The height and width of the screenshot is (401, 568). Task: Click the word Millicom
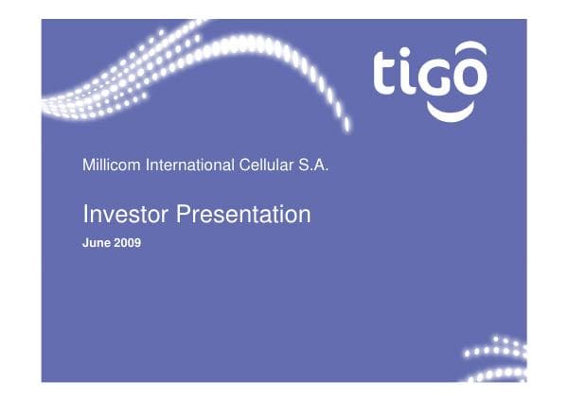(111, 166)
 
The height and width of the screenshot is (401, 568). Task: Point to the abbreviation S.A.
(313, 166)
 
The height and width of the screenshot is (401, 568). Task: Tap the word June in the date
(97, 242)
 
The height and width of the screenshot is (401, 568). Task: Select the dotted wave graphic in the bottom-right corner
(496, 357)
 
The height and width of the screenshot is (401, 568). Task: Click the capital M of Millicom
(88, 166)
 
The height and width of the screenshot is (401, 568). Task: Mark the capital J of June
(87, 242)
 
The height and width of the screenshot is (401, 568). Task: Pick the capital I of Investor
(85, 215)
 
